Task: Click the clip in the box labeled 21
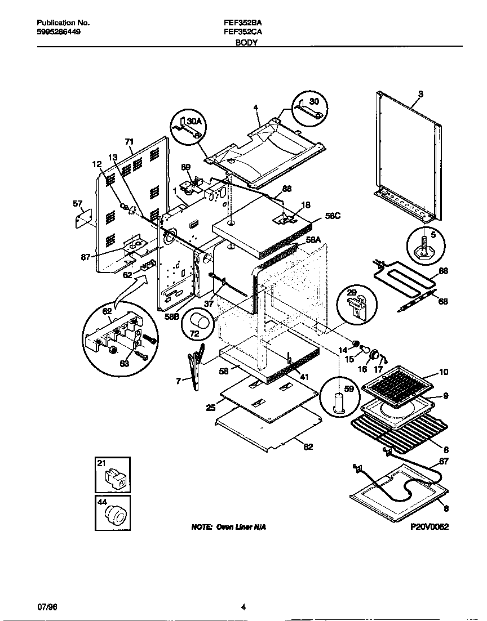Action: tap(116, 479)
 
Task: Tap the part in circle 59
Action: tap(338, 403)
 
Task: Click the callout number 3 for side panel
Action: tap(420, 93)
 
